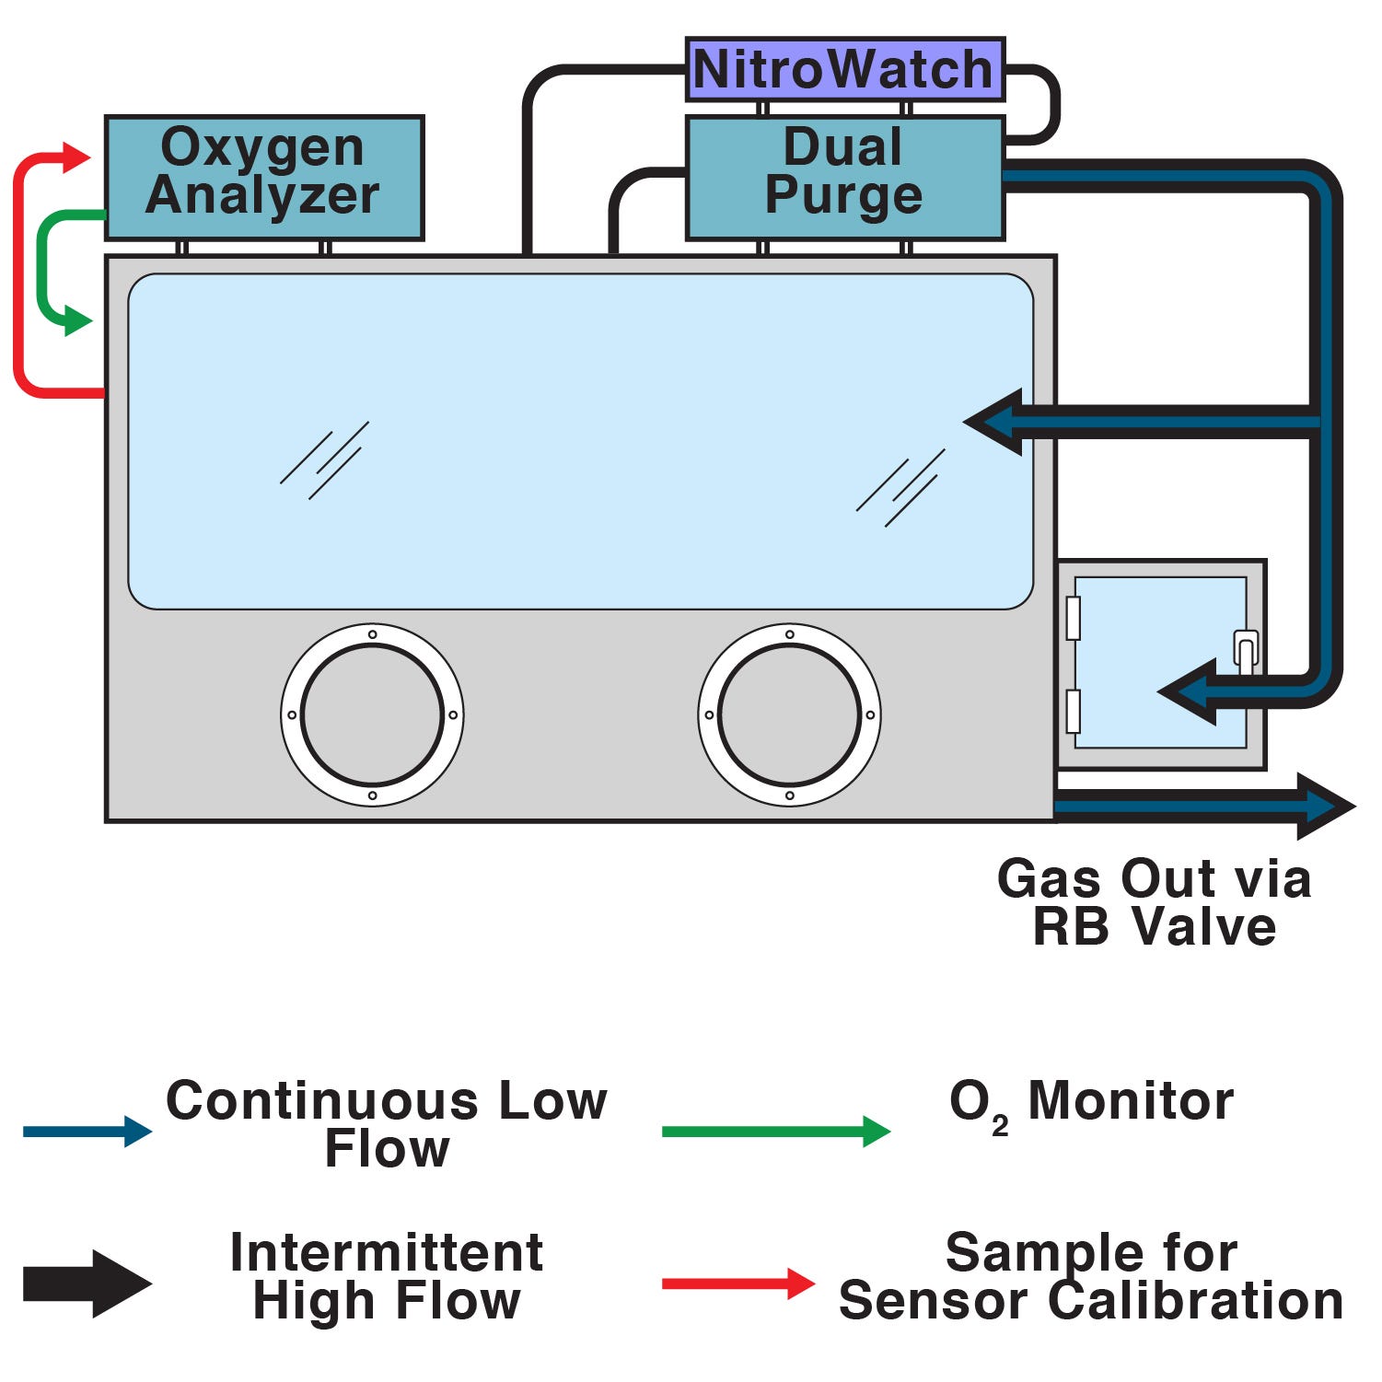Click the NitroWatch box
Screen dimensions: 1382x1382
844,70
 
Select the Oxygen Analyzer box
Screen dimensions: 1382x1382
264,178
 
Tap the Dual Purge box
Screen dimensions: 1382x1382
844,178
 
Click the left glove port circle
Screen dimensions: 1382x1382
372,714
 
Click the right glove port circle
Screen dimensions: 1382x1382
789,714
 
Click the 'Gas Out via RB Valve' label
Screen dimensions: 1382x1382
1154,902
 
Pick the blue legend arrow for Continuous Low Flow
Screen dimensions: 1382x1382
87,1131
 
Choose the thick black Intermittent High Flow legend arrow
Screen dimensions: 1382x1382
87,1283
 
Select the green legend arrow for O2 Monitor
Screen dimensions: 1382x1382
775,1131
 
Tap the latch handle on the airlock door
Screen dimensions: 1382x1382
1245,650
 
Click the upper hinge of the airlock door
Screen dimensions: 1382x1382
1073,618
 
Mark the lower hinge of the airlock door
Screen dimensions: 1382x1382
1073,711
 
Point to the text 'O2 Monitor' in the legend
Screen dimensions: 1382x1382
1091,1101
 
